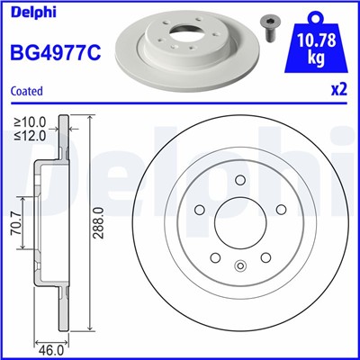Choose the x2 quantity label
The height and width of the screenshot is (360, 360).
(339, 91)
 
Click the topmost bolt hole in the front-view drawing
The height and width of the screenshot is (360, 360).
(239, 182)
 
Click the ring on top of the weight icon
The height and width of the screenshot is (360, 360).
(314, 13)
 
